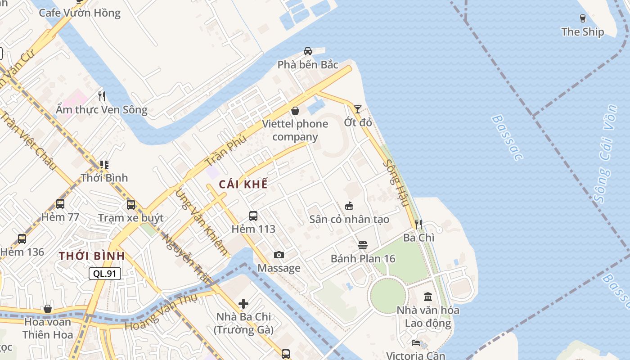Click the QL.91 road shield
105,273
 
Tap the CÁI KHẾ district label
243,184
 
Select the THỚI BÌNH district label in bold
92,256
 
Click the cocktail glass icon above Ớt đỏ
357,109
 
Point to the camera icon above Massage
279,255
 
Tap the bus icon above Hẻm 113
253,216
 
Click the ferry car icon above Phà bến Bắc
308,51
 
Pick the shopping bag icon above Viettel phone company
295,110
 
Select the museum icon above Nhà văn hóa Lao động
428,297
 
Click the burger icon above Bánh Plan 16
363,245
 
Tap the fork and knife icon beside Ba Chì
418,224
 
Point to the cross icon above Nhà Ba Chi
243,304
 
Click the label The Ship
583,32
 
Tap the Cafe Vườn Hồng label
80,13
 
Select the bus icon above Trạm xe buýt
131,205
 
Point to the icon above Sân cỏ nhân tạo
349,206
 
